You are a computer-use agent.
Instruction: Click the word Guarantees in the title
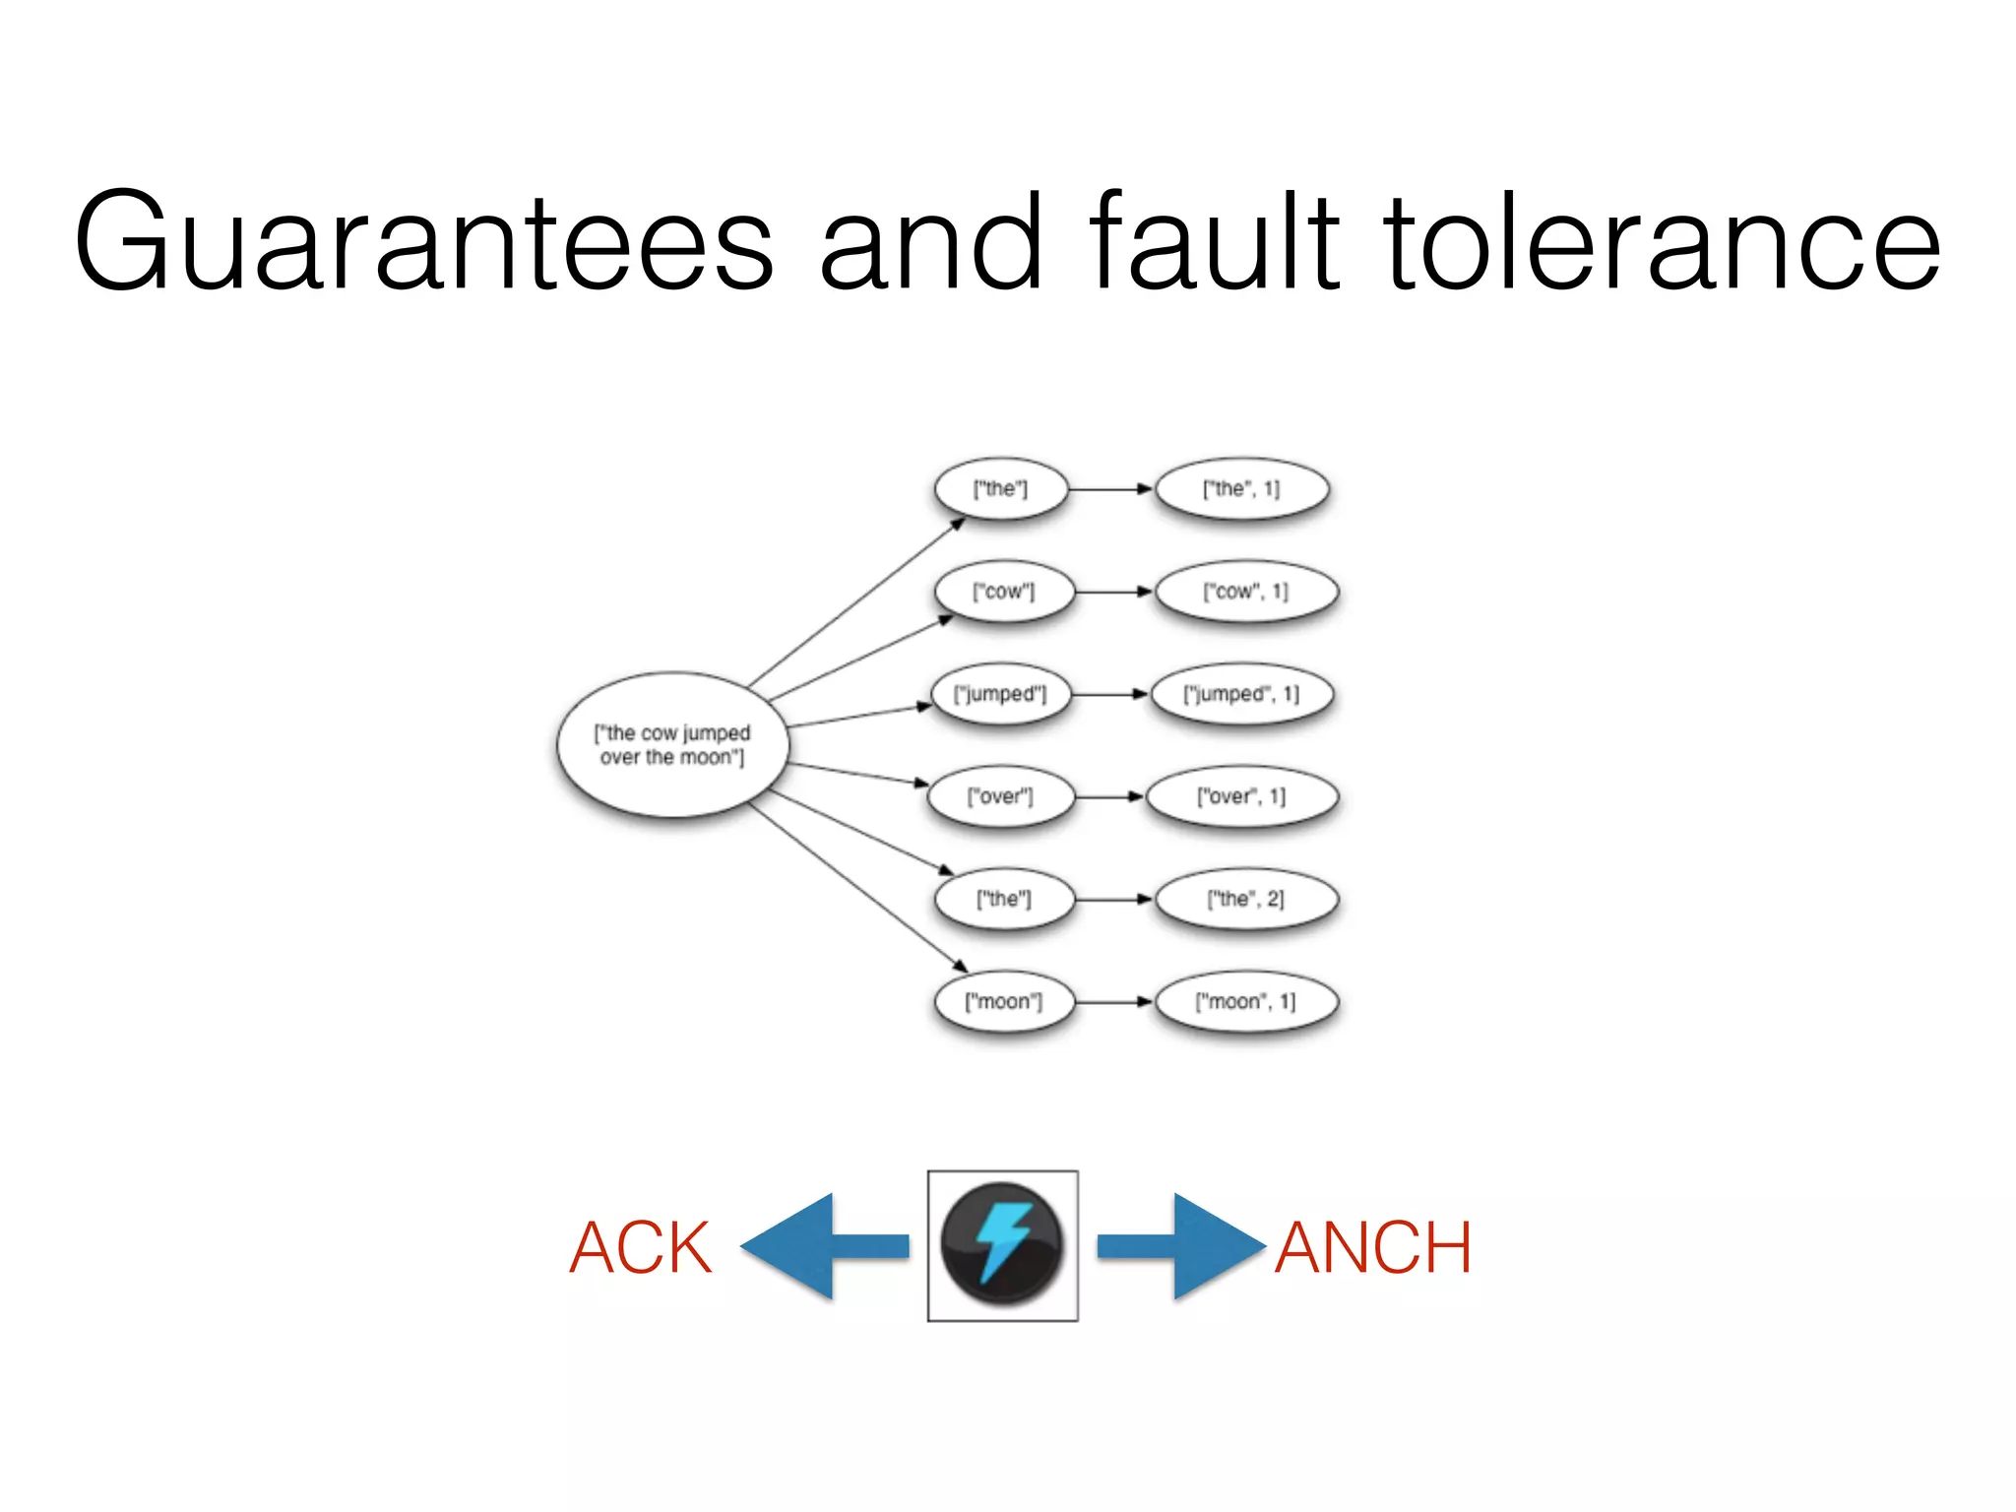423,241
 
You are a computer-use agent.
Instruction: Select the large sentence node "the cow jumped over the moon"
672,745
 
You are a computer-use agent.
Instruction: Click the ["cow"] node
1003,592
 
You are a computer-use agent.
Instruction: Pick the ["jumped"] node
1000,694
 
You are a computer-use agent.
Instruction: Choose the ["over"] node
1000,796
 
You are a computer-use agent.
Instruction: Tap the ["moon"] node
1003,1002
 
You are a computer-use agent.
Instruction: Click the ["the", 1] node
1241,489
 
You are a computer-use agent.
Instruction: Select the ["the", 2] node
1245,899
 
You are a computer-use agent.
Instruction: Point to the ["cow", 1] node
1245,592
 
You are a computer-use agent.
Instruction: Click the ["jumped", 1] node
1241,694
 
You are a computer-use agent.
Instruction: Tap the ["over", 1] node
1241,796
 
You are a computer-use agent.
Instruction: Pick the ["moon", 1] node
1245,1002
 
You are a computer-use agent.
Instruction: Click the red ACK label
640,1248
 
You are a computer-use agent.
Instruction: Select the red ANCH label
1373,1248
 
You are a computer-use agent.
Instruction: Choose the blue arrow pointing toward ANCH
1181,1246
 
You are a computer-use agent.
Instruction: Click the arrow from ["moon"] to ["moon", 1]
1113,1002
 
